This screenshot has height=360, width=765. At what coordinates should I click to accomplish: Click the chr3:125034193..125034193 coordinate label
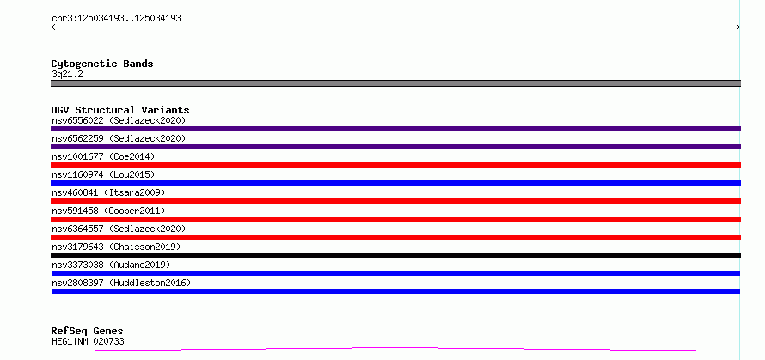tap(116, 19)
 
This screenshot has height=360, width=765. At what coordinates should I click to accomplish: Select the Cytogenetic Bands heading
tap(102, 64)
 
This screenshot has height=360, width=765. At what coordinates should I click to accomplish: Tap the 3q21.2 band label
tap(67, 74)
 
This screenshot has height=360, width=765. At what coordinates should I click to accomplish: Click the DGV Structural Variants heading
tap(120, 110)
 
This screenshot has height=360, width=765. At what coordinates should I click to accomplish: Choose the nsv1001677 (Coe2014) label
tap(103, 156)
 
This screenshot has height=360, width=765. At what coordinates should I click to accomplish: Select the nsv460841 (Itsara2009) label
tap(108, 192)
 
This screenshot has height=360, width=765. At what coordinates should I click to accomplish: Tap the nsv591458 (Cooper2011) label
tap(108, 211)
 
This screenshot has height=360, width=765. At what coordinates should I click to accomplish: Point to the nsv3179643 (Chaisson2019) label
tap(116, 247)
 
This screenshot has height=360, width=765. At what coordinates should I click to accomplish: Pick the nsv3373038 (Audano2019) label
tap(111, 265)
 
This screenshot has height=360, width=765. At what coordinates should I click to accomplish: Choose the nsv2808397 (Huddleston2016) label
tap(121, 283)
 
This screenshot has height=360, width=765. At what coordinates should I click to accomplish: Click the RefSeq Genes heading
tap(88, 332)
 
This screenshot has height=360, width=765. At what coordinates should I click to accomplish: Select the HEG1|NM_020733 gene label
tap(88, 341)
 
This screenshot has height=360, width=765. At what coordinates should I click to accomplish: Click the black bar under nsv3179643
tap(395, 255)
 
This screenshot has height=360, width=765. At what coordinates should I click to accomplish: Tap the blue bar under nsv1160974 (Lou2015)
tap(395, 183)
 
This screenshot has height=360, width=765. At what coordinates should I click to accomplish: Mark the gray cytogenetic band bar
tap(395, 83)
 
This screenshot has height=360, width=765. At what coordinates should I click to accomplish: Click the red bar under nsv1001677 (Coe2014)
tap(395, 165)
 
